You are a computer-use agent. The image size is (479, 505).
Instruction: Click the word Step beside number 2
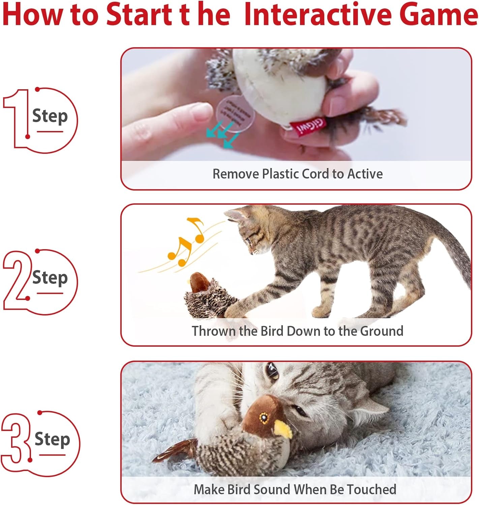tap(50, 278)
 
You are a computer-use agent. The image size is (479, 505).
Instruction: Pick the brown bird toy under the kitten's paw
tap(209, 296)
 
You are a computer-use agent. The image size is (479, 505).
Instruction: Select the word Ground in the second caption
tap(382, 331)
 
